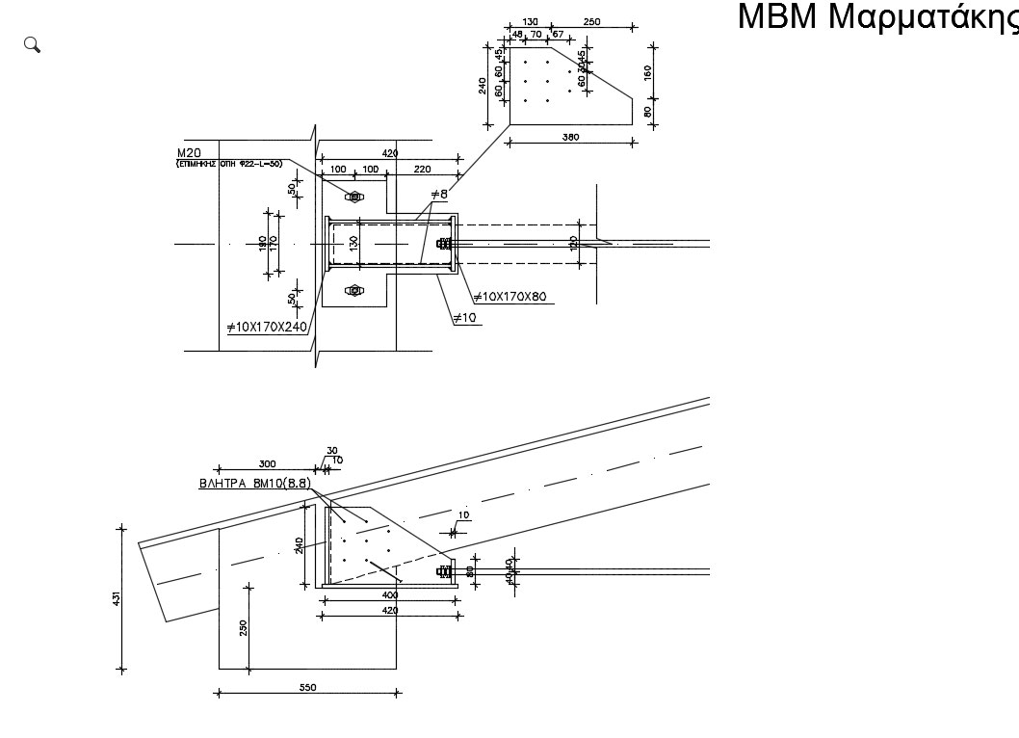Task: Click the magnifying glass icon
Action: pyautogui.click(x=32, y=44)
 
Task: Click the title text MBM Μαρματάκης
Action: pyautogui.click(x=876, y=17)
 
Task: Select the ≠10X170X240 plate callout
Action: pyautogui.click(x=266, y=328)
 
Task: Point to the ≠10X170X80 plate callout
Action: pyautogui.click(x=509, y=297)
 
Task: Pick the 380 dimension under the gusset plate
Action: pyautogui.click(x=570, y=137)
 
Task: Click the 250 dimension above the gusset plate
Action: pyautogui.click(x=591, y=21)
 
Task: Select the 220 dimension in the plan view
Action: pyautogui.click(x=422, y=170)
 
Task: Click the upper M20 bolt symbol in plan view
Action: pyautogui.click(x=353, y=198)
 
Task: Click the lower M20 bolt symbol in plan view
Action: pyautogui.click(x=353, y=290)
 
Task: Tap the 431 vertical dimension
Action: pyautogui.click(x=118, y=598)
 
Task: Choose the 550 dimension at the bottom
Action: pyautogui.click(x=307, y=687)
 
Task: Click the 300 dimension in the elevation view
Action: pyautogui.click(x=267, y=463)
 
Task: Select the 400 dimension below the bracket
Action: pyautogui.click(x=389, y=595)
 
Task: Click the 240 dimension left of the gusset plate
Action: pyautogui.click(x=483, y=86)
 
